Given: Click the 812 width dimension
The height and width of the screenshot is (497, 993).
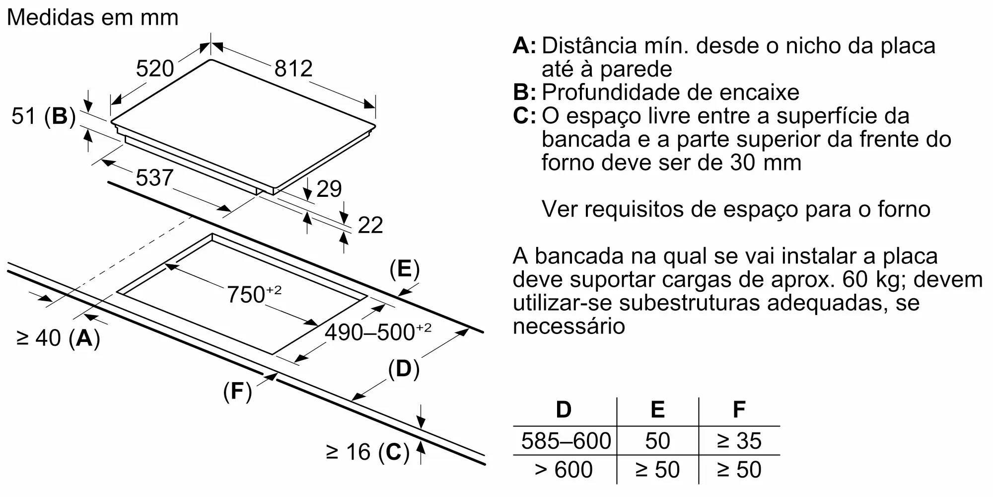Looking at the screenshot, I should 293,69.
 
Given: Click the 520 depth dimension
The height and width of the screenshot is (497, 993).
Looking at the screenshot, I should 155,69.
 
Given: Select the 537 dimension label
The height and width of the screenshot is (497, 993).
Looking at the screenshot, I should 154,178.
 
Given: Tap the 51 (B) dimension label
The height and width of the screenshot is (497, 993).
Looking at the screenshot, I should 44,116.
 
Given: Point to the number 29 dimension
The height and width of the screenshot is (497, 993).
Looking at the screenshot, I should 329,189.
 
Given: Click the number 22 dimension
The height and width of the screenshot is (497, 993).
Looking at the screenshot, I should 370,225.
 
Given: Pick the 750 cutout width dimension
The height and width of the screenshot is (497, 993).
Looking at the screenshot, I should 254,294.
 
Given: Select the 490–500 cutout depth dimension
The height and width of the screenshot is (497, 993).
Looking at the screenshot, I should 377,332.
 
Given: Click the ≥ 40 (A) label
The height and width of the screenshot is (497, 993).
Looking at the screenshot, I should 58,338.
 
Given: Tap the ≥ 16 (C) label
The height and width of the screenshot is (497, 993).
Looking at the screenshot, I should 367,452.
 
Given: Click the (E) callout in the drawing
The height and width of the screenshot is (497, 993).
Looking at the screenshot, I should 404,269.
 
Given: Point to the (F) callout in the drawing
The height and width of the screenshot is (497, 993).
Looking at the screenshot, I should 237,392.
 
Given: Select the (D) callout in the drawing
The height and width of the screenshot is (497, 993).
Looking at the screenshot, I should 404,369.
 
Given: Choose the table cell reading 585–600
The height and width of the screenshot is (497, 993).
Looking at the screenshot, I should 566,441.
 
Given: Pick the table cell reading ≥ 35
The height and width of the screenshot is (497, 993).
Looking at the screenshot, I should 739,441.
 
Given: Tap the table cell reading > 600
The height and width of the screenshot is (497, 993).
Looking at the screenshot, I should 564,470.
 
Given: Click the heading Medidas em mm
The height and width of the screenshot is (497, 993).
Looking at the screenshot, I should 93,18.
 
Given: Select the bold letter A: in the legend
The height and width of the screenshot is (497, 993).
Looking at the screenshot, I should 524,46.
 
